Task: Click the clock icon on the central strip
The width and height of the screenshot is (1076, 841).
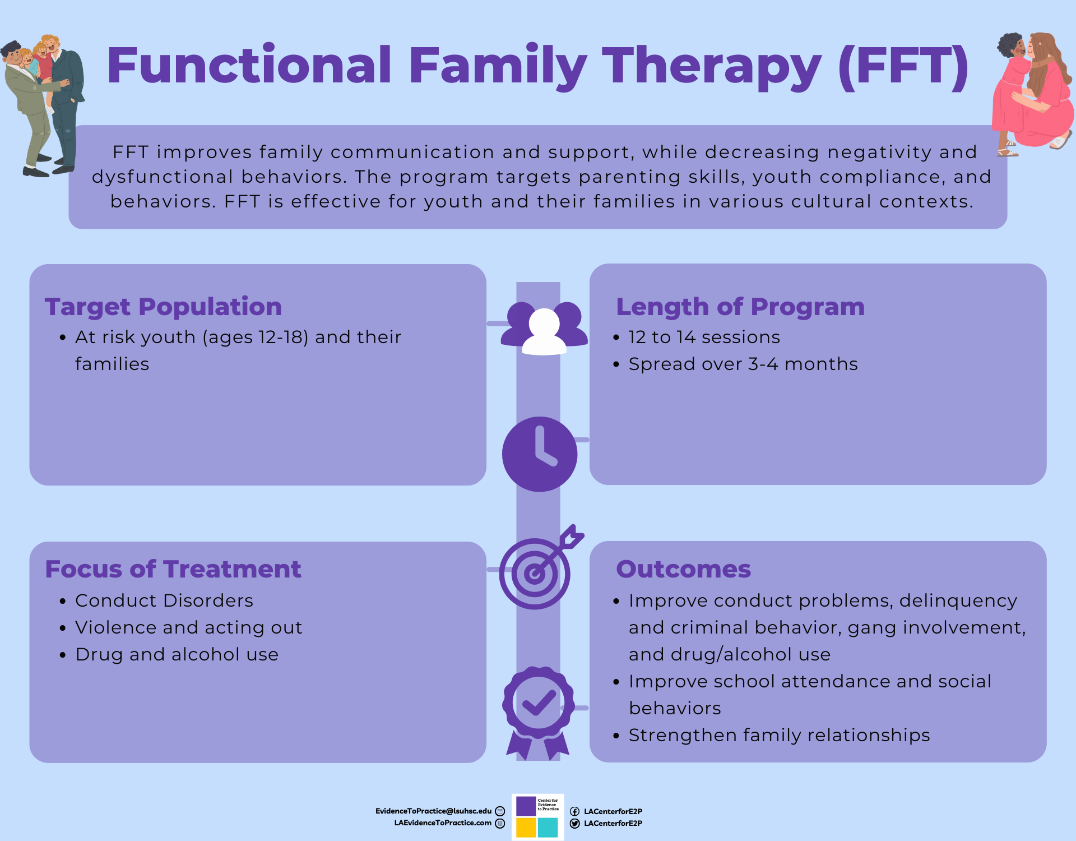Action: click(539, 454)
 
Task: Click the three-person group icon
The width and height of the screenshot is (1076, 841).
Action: click(544, 329)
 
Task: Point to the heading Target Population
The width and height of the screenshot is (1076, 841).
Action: click(163, 307)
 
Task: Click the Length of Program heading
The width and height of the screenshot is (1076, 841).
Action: click(740, 307)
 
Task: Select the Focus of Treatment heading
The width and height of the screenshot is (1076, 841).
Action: click(173, 569)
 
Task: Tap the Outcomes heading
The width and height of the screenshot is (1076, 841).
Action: click(683, 569)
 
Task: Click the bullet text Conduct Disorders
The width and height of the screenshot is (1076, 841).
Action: click(164, 600)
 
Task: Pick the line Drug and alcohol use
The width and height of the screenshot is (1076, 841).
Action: click(177, 654)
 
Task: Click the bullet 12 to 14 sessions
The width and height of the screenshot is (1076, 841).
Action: click(704, 337)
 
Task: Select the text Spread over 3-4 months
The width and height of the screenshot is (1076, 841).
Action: click(743, 364)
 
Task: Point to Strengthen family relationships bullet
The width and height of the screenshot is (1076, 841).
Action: click(779, 735)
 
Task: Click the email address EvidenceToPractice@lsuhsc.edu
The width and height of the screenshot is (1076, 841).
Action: click(433, 811)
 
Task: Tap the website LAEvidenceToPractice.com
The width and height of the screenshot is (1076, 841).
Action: click(443, 823)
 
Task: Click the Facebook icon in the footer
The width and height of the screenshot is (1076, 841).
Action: click(574, 811)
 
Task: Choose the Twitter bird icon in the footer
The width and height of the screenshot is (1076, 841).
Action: click(574, 824)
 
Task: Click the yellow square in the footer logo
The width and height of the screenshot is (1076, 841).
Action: click(526, 828)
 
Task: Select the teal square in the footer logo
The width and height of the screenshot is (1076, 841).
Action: click(548, 828)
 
